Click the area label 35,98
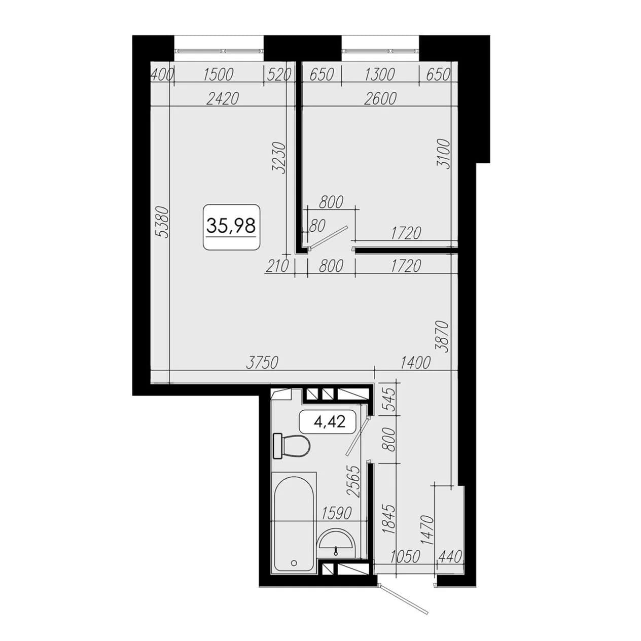231,226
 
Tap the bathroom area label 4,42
329,422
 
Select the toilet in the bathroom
292,446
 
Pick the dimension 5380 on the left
163,222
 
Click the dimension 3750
262,363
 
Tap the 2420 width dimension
222,99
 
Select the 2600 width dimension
380,99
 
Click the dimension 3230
279,158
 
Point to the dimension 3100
444,154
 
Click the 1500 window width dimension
218,75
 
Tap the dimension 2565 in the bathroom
353,481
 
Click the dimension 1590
336,513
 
